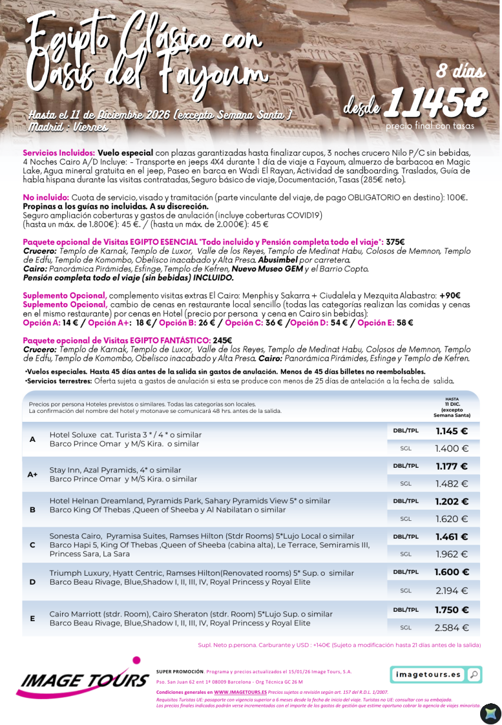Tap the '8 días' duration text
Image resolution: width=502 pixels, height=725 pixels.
(x=461, y=71)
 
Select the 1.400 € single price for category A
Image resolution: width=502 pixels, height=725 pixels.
(x=452, y=449)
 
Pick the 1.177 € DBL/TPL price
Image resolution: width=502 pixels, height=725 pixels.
(x=452, y=467)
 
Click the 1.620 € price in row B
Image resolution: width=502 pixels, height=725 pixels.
(x=452, y=519)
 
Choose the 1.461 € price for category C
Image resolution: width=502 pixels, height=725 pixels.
(x=452, y=537)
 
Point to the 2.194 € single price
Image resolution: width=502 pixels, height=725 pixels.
(x=452, y=591)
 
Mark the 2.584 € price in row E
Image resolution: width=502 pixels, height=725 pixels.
(x=452, y=628)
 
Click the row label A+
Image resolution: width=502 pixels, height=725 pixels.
(x=32, y=474)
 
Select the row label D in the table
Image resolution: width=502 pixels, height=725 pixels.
(x=32, y=582)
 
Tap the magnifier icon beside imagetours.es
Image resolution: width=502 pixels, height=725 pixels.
(x=473, y=674)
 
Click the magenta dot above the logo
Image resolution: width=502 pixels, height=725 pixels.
(x=136, y=660)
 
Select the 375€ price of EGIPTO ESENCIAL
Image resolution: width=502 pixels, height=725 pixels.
(x=395, y=242)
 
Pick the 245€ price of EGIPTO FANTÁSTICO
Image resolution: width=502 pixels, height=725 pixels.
(x=223, y=340)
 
